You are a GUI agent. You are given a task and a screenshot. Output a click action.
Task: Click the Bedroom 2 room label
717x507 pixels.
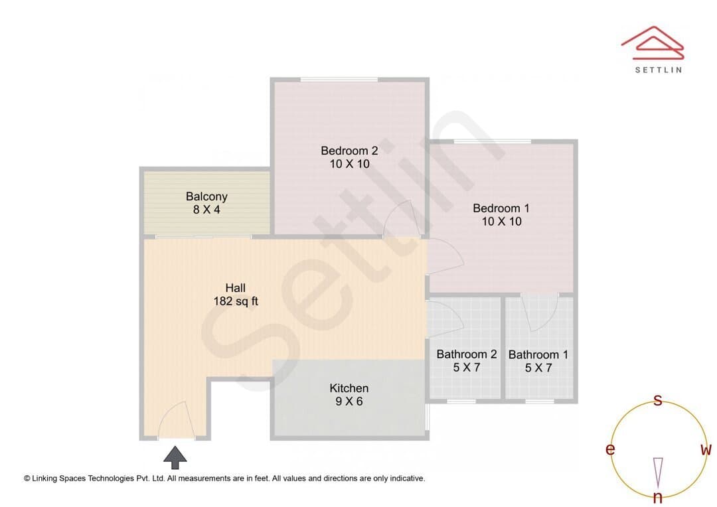click(349, 151)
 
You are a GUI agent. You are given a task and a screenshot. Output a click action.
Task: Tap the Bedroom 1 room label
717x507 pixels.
click(501, 208)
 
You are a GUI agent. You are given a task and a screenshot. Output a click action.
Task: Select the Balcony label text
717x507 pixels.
click(206, 196)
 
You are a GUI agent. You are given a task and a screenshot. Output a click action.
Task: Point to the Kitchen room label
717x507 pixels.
click(349, 388)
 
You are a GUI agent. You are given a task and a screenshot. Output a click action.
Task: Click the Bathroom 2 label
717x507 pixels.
click(467, 354)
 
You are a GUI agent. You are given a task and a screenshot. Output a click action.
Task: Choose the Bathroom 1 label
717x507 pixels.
click(538, 354)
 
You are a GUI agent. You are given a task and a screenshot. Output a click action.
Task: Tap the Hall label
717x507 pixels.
click(236, 288)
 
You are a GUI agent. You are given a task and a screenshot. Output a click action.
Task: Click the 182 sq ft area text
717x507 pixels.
click(236, 301)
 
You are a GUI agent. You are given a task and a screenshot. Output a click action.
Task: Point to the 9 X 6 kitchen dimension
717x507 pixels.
click(349, 401)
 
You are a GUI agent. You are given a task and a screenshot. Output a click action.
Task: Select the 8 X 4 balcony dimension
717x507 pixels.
click(206, 210)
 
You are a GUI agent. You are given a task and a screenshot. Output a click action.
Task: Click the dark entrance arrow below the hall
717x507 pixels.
click(175, 457)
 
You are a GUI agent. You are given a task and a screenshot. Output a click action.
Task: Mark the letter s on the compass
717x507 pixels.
click(657, 399)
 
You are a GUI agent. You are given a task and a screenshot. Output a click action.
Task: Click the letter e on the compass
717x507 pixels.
click(610, 449)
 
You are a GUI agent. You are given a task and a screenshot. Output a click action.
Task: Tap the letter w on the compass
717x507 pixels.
click(706, 449)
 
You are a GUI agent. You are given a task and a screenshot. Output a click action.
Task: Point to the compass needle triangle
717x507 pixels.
click(658, 472)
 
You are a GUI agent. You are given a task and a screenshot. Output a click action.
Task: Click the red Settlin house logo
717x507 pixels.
click(653, 42)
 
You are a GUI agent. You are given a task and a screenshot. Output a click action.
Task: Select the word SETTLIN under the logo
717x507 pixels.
click(659, 70)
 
